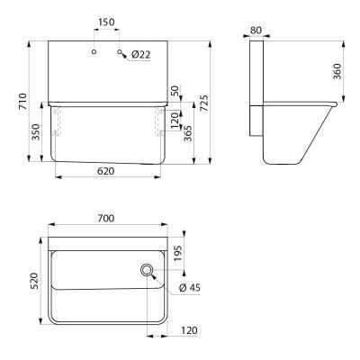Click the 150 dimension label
point(106,22)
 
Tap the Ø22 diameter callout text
point(140,55)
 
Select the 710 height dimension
point(22,101)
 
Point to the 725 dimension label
point(203,103)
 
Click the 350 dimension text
point(36,132)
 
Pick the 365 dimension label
point(188,133)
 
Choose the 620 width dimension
point(106,171)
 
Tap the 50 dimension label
point(175,91)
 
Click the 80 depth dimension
point(256,31)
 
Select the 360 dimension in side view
point(337,71)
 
